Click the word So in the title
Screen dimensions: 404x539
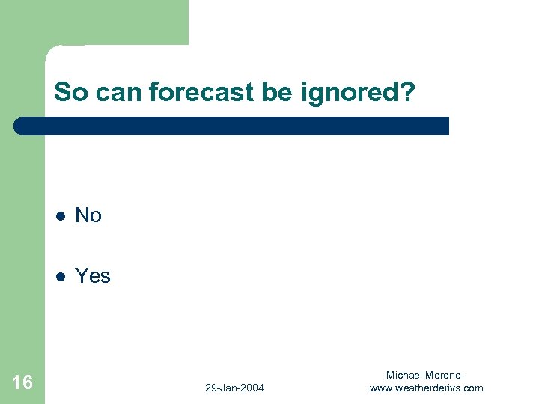(x=70, y=92)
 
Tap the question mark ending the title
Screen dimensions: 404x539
(x=406, y=92)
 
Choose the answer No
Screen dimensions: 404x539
(x=88, y=215)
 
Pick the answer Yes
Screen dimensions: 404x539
(x=93, y=276)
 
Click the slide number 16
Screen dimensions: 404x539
(x=22, y=383)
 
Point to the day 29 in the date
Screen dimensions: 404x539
(x=210, y=388)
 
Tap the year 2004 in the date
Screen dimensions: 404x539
(x=252, y=388)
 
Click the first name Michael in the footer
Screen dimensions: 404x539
(x=404, y=374)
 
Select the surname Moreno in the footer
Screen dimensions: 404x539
(x=443, y=374)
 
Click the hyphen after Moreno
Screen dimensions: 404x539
(x=466, y=374)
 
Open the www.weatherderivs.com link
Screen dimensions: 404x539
(x=427, y=388)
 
